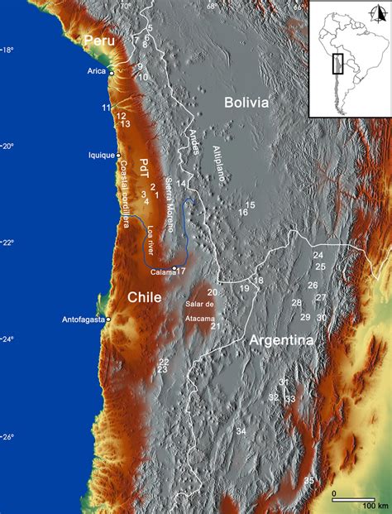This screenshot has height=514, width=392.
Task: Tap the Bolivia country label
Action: tap(246, 103)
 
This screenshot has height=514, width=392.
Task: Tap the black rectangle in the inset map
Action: tap(337, 64)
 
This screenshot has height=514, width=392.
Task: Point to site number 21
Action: tap(215, 326)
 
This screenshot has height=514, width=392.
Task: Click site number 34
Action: tap(241, 431)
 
